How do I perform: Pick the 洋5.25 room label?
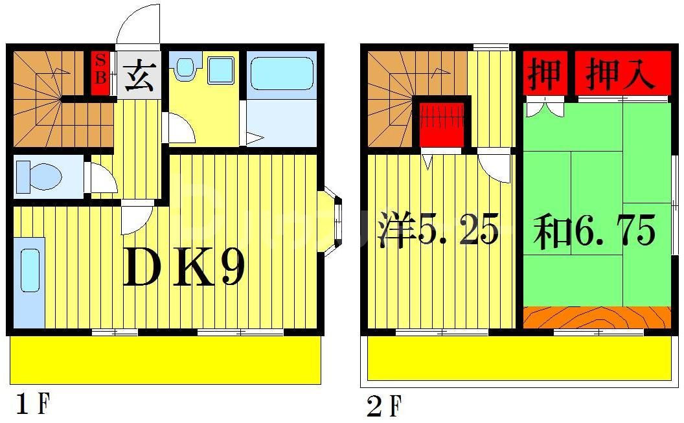439,229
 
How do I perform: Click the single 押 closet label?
544,73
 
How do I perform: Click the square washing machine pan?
221,69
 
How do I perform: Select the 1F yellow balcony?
166,360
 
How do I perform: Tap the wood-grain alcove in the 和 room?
597,317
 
